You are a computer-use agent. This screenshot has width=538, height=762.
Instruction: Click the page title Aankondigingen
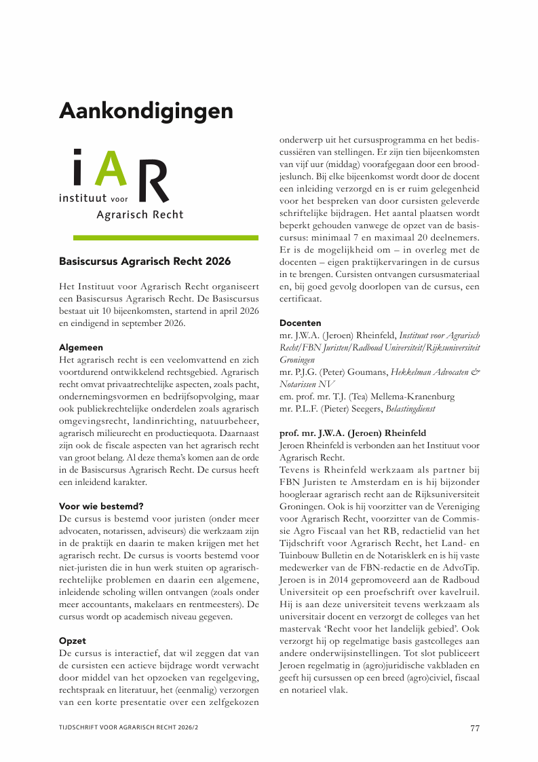pos(146,110)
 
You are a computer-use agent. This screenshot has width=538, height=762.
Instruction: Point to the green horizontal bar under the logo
pos(165,238)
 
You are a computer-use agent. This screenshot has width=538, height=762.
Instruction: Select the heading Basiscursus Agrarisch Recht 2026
pos(145,261)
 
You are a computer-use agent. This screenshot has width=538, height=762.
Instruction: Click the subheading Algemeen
pos(81,347)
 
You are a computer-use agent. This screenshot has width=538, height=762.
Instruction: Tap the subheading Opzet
pos(72,640)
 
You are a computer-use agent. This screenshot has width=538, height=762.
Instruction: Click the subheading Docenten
pos(301,323)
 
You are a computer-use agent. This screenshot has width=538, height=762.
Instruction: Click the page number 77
pos(475,728)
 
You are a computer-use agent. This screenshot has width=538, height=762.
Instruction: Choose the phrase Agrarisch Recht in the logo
pos(140,215)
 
